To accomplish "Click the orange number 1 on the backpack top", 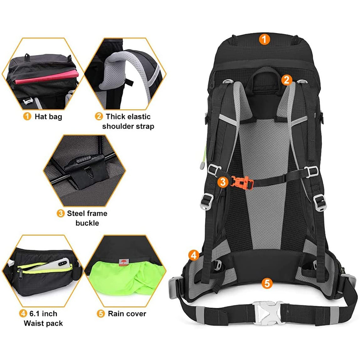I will click(264, 40).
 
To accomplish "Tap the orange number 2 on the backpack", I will click(287, 79).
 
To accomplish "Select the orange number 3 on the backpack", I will click(223, 182).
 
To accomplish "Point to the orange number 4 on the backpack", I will click(194, 255).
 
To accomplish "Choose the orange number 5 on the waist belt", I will click(266, 283).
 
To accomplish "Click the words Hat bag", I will click(48, 116).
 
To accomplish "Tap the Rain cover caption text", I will click(127, 314).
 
